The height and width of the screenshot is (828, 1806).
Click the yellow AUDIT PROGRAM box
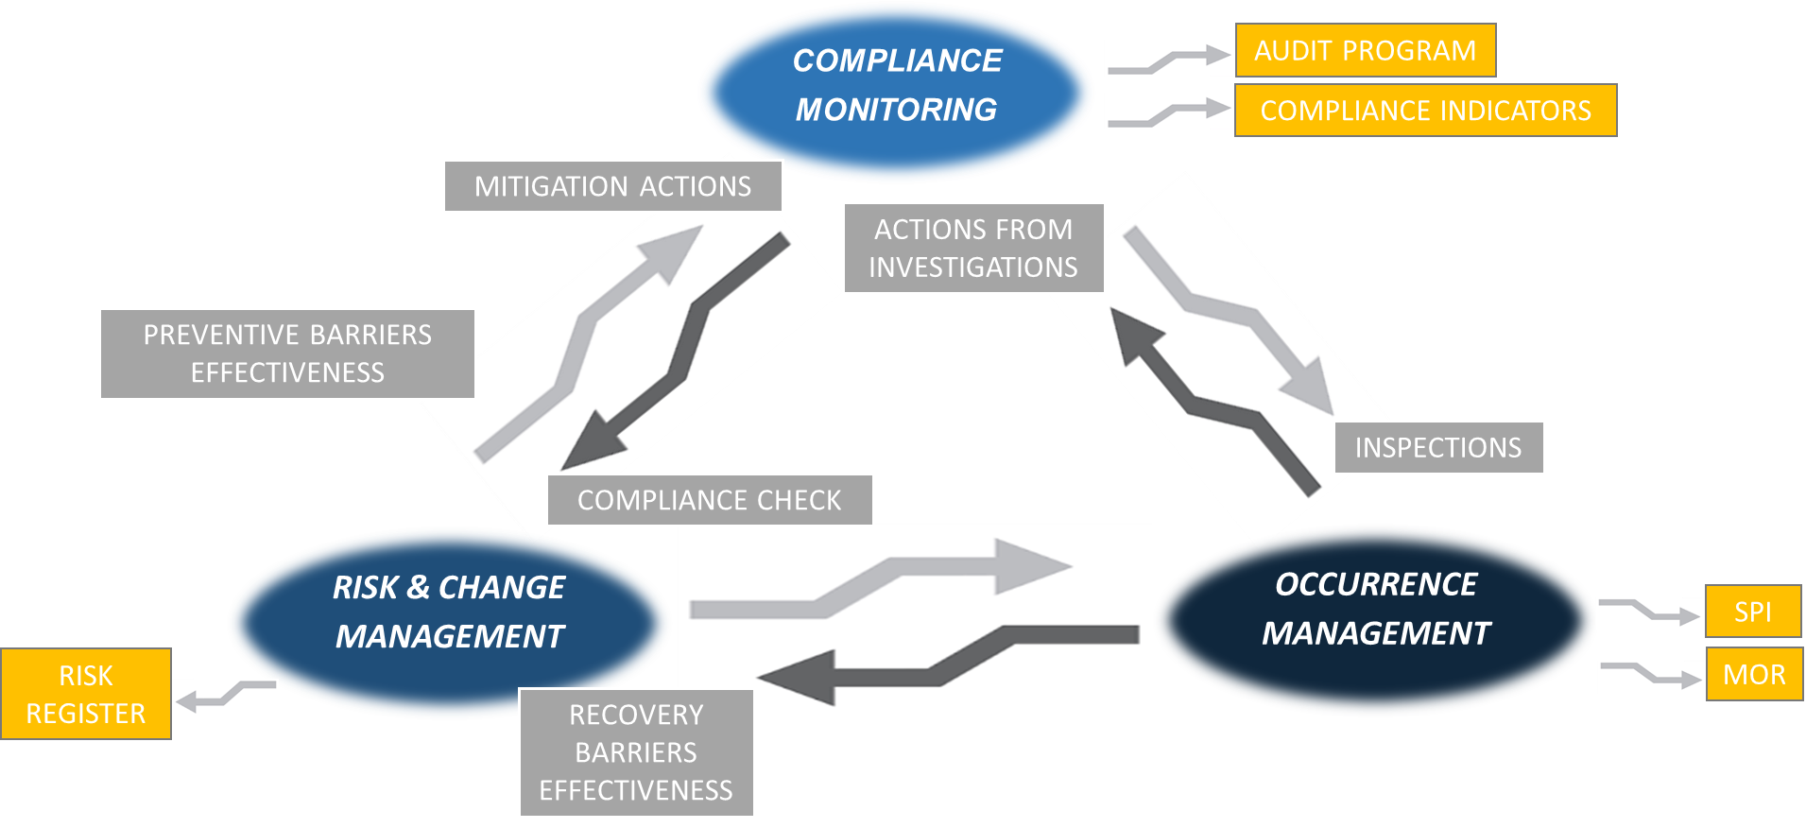pos(1365,50)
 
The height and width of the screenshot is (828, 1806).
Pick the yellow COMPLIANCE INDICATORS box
pos(1425,111)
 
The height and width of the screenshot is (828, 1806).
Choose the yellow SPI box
pos(1752,612)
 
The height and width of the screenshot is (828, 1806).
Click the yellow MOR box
pos(1754,674)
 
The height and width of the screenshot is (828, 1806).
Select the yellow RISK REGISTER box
pos(86,694)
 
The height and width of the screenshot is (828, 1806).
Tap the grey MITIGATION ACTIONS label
pos(612,186)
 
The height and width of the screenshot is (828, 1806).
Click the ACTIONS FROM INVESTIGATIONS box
pos(972,248)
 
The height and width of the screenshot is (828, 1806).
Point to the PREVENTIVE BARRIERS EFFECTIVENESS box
pos(287,354)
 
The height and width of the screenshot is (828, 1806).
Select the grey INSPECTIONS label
pos(1438,447)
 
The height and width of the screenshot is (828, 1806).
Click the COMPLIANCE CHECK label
pos(710,499)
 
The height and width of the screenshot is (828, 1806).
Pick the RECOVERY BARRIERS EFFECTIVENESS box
pos(636,752)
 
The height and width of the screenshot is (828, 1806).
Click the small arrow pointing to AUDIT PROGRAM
pos(1169,59)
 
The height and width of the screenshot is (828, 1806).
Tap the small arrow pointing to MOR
pos(1650,675)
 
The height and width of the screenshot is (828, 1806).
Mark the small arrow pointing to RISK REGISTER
pos(225,698)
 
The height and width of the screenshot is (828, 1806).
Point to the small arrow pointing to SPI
pos(1649,612)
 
